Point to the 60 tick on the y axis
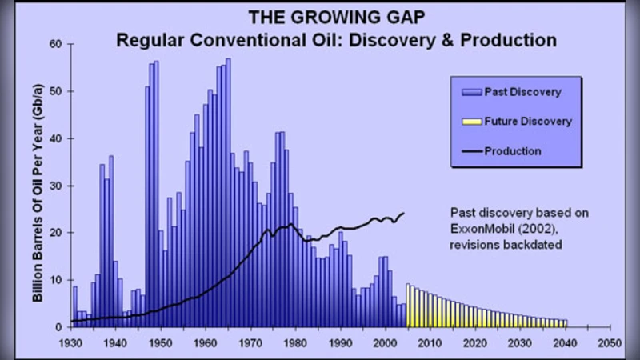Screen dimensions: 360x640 (x=57, y=44)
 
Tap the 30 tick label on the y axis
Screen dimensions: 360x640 (x=57, y=186)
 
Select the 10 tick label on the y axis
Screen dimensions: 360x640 (x=57, y=280)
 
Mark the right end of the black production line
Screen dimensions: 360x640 (x=403, y=213)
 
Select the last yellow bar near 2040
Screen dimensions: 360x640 (x=565, y=323)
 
